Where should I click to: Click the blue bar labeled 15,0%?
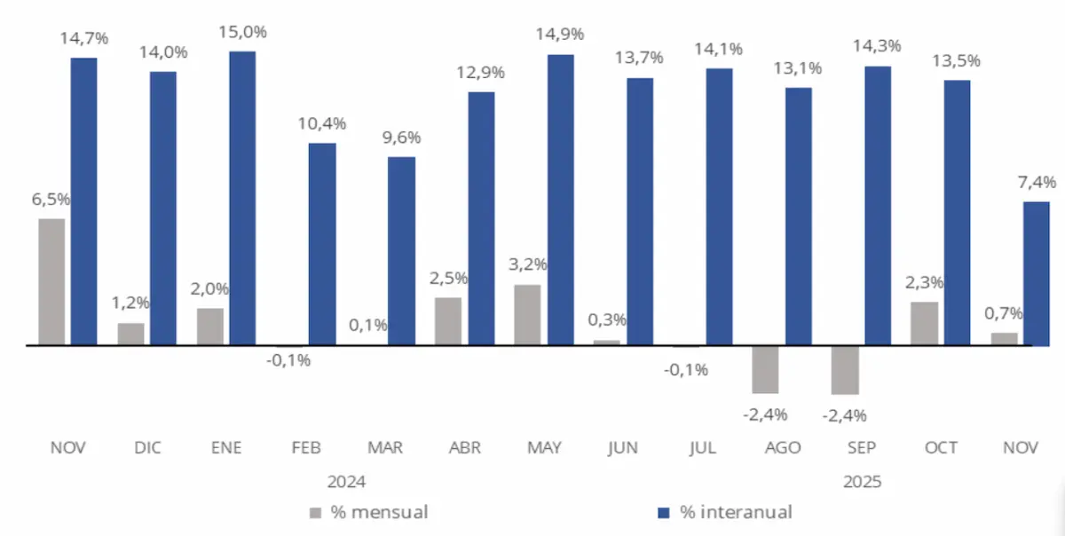point(242,198)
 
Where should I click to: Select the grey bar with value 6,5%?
point(51,281)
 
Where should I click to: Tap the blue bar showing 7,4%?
point(1036,273)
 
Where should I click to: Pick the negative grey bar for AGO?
point(765,369)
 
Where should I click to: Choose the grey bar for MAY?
point(527,314)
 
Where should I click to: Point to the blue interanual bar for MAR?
point(401,250)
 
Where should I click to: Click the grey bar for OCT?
point(924,323)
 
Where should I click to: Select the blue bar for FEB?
point(322,244)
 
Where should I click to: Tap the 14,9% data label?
point(559,35)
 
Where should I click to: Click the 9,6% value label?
point(401,138)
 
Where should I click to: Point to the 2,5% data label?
point(448,279)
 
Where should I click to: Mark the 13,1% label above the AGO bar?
point(798,68)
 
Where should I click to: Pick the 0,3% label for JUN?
point(607,319)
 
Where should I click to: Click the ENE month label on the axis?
point(227,448)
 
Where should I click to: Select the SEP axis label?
point(862,448)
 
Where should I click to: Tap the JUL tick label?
point(703,448)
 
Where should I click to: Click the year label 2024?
point(346,483)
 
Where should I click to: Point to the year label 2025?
point(862,483)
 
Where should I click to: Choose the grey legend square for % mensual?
point(316,512)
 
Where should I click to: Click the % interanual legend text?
point(736,512)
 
